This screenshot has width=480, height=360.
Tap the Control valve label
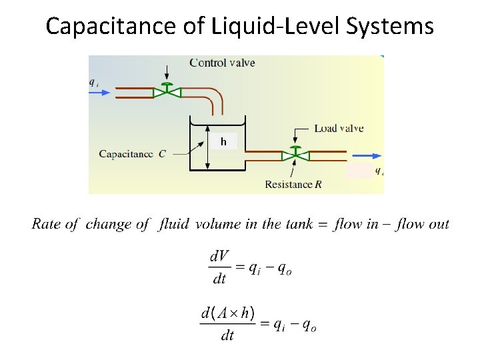coord(222,63)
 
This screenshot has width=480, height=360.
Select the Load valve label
coord(339,128)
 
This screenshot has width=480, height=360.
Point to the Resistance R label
coord(293,184)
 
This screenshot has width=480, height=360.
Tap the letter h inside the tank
coord(224,141)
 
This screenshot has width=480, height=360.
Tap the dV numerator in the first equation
coord(219,255)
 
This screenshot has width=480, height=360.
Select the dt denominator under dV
coord(219,279)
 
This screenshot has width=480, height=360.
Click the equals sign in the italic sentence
coord(325,225)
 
